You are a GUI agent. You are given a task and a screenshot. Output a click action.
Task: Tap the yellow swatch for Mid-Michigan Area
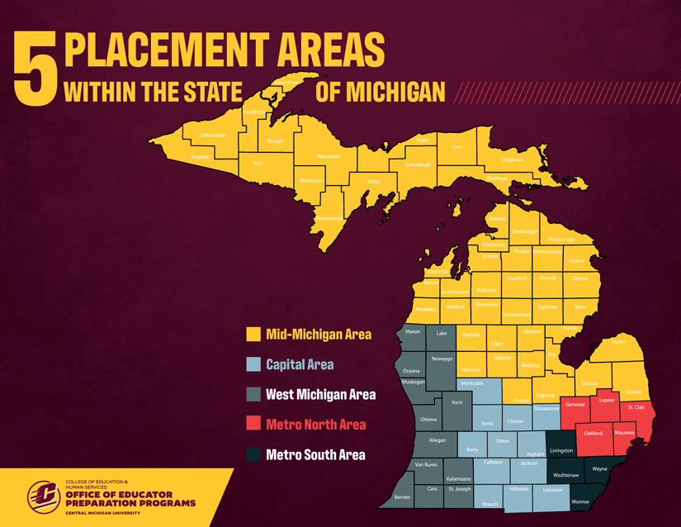click(253, 335)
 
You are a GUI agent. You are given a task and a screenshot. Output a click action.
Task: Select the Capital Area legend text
click(300, 364)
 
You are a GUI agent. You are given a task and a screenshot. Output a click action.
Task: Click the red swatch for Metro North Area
click(253, 425)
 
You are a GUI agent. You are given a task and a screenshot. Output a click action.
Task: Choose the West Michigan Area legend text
click(320, 395)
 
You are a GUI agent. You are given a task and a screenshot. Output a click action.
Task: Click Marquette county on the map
click(329, 156)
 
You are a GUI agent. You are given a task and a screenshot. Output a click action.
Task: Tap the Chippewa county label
click(512, 159)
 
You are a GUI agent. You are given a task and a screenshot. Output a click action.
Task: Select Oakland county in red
click(593, 433)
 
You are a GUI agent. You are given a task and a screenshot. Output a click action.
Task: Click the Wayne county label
click(600, 468)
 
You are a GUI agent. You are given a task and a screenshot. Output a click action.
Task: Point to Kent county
click(456, 402)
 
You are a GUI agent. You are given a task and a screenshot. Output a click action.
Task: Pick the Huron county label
click(618, 341)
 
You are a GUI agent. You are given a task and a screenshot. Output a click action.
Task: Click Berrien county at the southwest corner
click(402, 497)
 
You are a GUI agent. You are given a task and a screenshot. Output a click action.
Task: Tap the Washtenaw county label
click(565, 476)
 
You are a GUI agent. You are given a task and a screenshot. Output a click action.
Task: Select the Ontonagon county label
click(212, 135)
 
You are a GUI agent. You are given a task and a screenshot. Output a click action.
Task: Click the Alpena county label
click(575, 261)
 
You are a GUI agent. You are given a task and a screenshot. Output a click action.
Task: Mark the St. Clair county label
click(636, 407)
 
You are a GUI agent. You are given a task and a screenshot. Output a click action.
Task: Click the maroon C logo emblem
click(43, 496)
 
